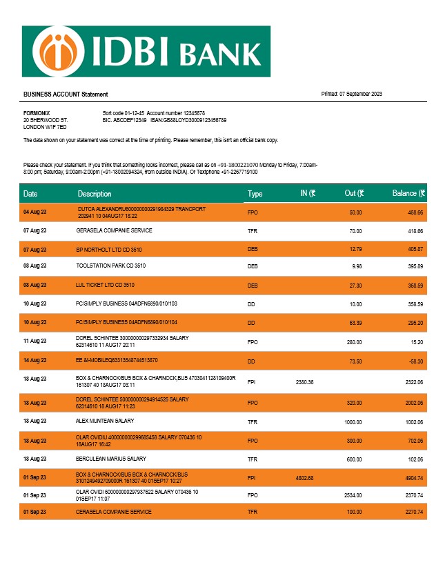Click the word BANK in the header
[x=220, y=52]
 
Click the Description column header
[x=95, y=194]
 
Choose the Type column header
[x=255, y=194]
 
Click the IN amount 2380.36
[x=304, y=381]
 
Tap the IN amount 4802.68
[x=304, y=477]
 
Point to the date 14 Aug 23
[x=35, y=360]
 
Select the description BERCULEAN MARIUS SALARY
[x=111, y=459]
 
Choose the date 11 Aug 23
[x=35, y=341]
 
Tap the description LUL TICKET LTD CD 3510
[x=105, y=284]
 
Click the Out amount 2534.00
[x=353, y=495]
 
